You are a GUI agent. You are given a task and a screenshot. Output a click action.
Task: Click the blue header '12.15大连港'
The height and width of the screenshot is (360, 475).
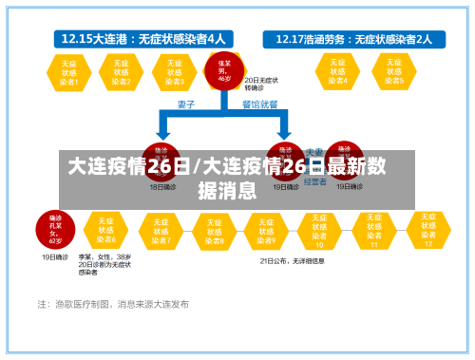pyautogui.click(x=143, y=39)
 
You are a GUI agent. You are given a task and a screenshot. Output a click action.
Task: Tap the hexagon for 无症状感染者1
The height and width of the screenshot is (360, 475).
pyautogui.click(x=66, y=71)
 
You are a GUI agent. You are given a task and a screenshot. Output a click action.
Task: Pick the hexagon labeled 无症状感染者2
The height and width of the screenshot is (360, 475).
pyautogui.click(x=120, y=71)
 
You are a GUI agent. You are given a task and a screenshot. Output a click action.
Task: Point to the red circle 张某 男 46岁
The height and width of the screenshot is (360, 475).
pyautogui.click(x=223, y=70)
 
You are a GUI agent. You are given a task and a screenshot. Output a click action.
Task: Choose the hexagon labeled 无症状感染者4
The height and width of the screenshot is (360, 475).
pyautogui.click(x=337, y=71)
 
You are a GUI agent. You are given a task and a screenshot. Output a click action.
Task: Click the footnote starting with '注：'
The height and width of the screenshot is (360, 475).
pyautogui.click(x=113, y=305)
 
